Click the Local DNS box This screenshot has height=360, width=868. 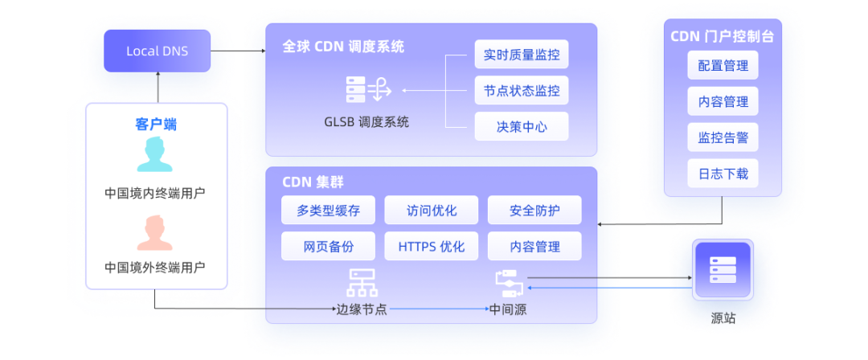[157, 51]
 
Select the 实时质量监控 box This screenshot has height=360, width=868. [521, 55]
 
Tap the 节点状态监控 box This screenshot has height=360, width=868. [521, 91]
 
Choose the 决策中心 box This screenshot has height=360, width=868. [521, 126]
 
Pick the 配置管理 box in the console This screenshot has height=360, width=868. [723, 66]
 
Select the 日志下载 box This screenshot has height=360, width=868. [723, 173]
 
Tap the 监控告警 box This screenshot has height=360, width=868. [723, 137]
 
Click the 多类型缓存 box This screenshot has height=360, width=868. [328, 211]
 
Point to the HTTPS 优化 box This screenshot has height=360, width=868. [431, 246]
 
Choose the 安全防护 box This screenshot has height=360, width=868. [534, 211]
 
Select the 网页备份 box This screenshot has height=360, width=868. [328, 246]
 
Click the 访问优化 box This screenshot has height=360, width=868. [431, 211]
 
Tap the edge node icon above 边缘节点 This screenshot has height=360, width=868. [361, 283]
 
